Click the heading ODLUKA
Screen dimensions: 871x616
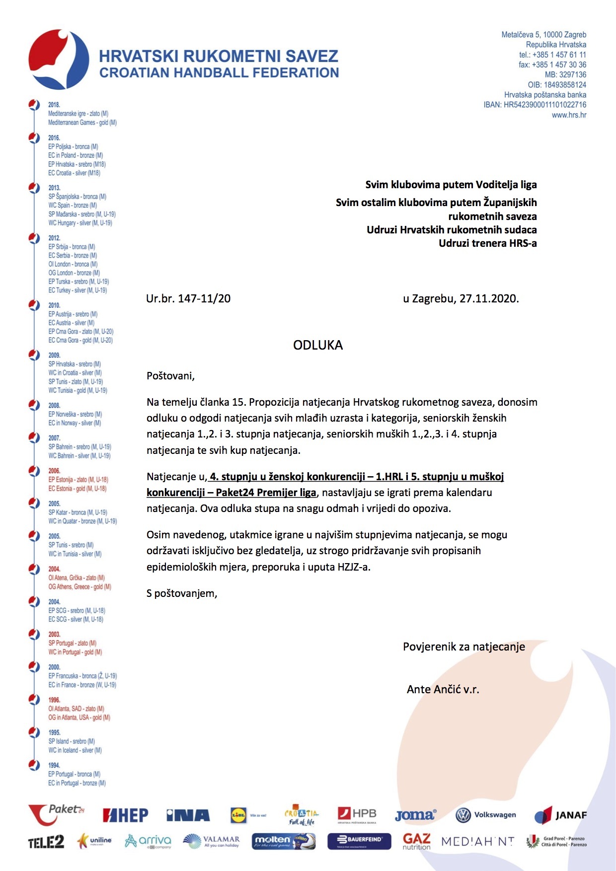click(317, 345)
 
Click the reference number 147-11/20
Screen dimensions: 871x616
click(204, 298)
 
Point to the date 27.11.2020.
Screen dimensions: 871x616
click(489, 298)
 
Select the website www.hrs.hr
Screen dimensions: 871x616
click(569, 115)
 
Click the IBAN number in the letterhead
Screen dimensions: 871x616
click(545, 105)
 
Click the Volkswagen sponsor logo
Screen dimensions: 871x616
click(485, 815)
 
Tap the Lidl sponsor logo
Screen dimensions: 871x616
click(239, 815)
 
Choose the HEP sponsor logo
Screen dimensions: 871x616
click(125, 815)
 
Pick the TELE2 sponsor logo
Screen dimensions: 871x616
click(46, 842)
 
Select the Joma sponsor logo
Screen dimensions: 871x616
click(415, 815)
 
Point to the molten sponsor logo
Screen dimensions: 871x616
click(283, 841)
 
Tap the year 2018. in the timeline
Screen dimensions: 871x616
click(54, 105)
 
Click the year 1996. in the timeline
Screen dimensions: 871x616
click(54, 700)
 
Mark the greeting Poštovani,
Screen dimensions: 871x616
click(170, 376)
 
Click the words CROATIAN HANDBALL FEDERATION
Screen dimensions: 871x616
click(219, 73)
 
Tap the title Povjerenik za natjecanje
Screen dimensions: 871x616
click(463, 647)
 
